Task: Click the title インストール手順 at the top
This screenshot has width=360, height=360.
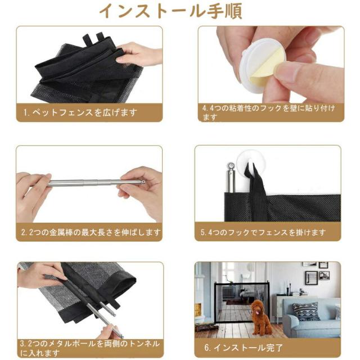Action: pyautogui.click(x=179, y=12)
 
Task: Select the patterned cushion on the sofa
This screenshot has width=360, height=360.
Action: pyautogui.click(x=307, y=311)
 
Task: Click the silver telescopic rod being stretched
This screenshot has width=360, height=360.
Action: pyautogui.click(x=90, y=183)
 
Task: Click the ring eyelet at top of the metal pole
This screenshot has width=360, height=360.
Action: pyautogui.click(x=231, y=166)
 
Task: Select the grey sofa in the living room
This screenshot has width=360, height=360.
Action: pyautogui.click(x=312, y=321)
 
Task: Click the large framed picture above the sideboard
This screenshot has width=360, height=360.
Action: pyautogui.click(x=311, y=278)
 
